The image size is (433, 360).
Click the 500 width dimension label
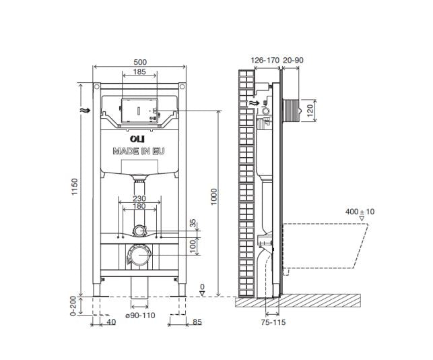(x=140, y=62)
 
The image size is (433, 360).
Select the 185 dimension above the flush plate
(x=139, y=72)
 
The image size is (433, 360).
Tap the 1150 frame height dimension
(x=75, y=187)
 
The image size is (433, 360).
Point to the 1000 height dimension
(x=214, y=197)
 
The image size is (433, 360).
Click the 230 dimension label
(x=139, y=198)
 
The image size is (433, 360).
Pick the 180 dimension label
(x=139, y=206)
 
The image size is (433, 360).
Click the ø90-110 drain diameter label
(x=140, y=316)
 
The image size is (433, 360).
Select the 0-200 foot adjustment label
(x=73, y=305)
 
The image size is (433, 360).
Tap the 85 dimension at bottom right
(x=197, y=322)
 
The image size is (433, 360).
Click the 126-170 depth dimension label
(x=265, y=60)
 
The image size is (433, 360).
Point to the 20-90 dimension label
(x=293, y=60)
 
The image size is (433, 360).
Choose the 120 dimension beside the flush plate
(x=310, y=111)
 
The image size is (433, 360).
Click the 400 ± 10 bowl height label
(x=360, y=212)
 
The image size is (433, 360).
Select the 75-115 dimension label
(x=273, y=322)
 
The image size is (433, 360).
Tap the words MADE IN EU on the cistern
(x=139, y=151)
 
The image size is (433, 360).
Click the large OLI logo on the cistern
(x=137, y=138)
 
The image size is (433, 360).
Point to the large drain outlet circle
(x=139, y=255)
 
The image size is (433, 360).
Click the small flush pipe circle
(x=139, y=231)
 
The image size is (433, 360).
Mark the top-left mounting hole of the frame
(x=97, y=87)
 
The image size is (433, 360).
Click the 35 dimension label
(x=193, y=223)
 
